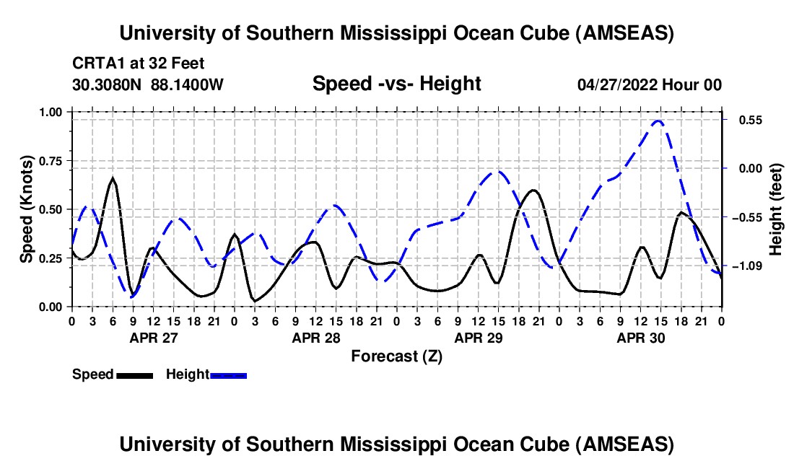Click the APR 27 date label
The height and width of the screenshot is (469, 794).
pos(153,337)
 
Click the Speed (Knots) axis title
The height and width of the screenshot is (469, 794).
pos(27,209)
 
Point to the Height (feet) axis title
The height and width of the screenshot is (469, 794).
pos(776,209)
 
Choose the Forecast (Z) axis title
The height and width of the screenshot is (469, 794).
pos(396,356)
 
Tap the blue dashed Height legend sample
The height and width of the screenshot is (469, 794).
pos(228,374)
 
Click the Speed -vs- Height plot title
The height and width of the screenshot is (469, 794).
pos(396,84)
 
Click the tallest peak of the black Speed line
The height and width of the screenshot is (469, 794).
pos(113,177)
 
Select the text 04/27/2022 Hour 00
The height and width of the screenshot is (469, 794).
pos(650,84)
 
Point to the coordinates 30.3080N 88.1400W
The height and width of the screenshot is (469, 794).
pos(148,84)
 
